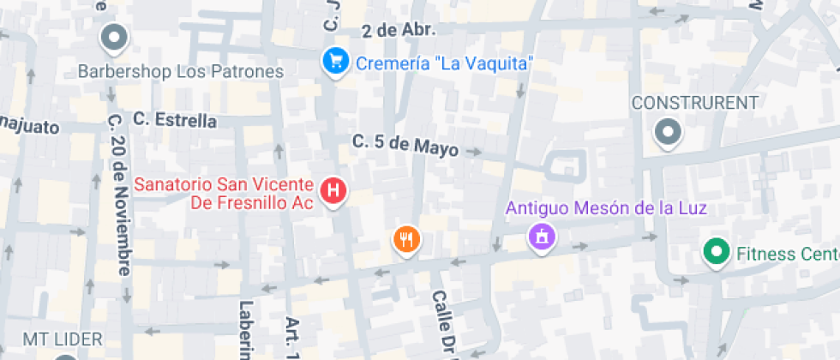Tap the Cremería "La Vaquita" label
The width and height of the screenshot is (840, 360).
(445, 63)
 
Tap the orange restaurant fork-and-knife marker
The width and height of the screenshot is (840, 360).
(406, 240)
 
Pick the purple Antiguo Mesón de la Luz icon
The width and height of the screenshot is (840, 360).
(541, 235)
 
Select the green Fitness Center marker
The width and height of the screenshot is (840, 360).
(714, 253)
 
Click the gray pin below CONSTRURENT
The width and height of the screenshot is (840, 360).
(667, 132)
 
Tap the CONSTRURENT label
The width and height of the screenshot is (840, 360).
(694, 103)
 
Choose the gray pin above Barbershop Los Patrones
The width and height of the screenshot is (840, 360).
(113, 38)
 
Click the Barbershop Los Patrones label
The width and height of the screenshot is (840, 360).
(180, 71)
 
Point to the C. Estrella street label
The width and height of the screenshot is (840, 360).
(175, 120)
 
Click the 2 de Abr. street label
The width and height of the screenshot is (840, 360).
(399, 30)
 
